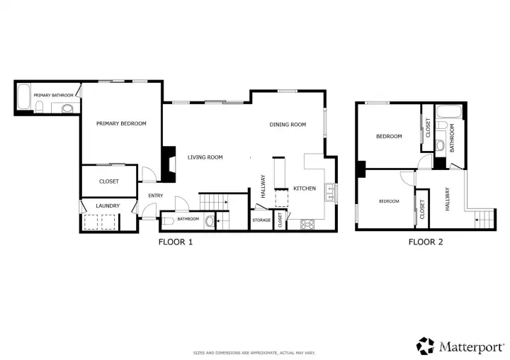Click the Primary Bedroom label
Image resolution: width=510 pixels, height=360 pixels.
point(121,124)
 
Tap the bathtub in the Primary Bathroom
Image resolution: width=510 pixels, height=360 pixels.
point(24,97)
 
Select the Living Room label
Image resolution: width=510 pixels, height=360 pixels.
point(205,157)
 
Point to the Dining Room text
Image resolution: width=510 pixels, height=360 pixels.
point(288,125)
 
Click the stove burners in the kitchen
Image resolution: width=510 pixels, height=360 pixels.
point(307,224)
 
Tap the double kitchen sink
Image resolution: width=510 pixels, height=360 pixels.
point(330,193)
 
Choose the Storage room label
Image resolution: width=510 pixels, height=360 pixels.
point(261,220)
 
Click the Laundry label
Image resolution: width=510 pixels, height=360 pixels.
point(108,206)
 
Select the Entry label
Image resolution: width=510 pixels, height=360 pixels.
point(155,196)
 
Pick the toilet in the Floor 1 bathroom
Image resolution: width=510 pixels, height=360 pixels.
point(168,221)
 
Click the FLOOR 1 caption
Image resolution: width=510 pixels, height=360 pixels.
point(176,242)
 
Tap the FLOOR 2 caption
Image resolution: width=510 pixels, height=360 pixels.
point(426,242)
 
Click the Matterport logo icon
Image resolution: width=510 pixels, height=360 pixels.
point(425,346)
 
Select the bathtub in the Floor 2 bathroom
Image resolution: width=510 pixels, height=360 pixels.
point(448,112)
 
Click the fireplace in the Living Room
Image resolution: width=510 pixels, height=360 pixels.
point(169,164)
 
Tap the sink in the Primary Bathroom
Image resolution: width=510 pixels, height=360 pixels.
point(67,108)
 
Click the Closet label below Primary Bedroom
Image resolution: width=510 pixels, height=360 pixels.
point(109,181)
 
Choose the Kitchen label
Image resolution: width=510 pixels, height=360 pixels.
point(305,189)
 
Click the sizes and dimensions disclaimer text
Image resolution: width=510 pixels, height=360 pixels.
point(254,353)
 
